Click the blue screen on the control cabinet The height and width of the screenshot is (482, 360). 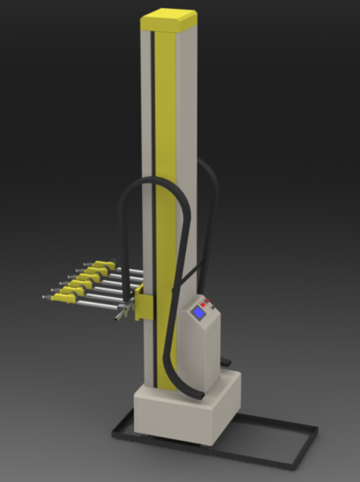click(199, 312)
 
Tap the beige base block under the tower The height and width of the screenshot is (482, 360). click(175, 414)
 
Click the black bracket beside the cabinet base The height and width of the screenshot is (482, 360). click(226, 360)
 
